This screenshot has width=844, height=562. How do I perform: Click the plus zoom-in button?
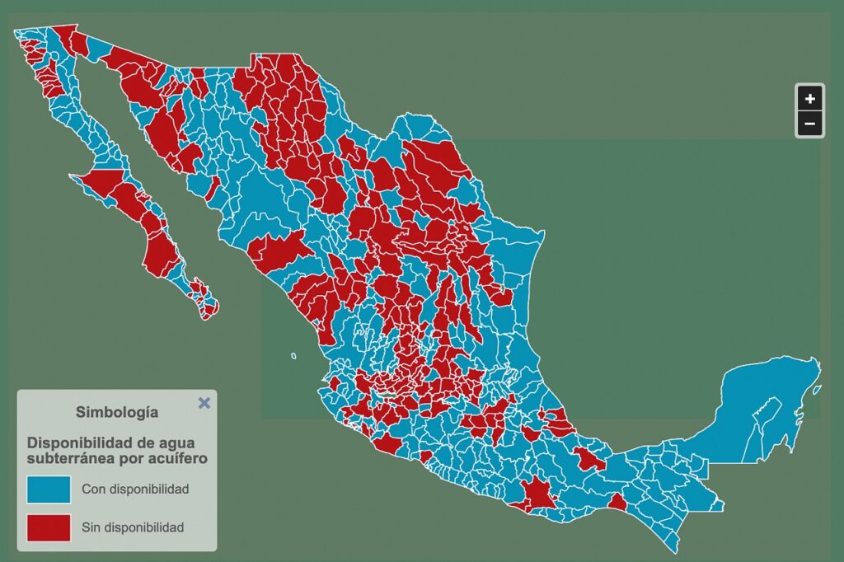click(810, 99)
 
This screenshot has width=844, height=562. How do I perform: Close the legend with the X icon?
click(204, 403)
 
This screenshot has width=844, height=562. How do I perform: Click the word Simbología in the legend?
click(117, 411)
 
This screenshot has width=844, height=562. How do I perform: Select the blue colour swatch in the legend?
click(49, 489)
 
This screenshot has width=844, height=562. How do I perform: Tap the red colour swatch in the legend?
click(49, 527)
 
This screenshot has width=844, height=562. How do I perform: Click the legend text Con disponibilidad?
click(135, 489)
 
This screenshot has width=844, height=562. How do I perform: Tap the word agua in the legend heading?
click(166, 442)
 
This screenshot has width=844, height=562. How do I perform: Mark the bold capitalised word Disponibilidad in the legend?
click(80, 442)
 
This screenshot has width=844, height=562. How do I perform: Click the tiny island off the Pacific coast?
click(293, 356)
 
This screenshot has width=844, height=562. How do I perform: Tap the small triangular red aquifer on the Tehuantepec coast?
click(617, 502)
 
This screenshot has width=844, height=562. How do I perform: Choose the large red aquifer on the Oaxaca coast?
click(539, 492)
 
